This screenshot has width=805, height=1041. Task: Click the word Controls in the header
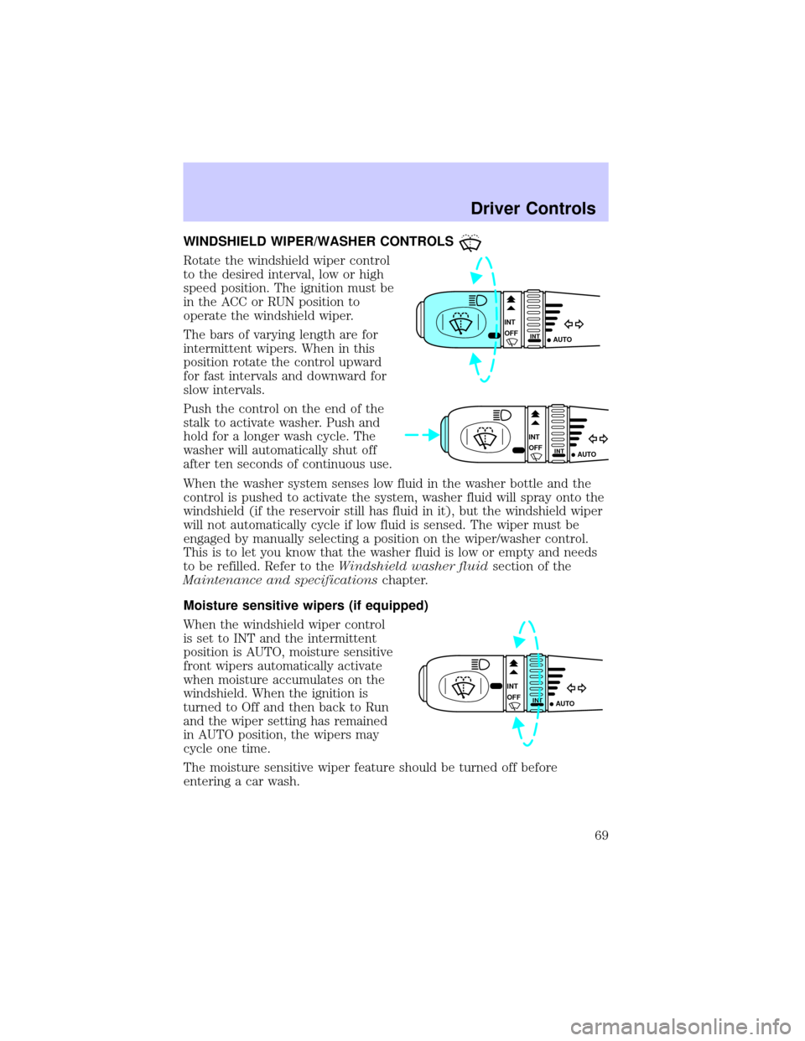pos(565,209)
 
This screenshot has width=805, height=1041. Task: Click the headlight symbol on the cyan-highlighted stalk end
pos(480,300)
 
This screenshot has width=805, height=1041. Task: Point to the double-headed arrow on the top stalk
pos(574,324)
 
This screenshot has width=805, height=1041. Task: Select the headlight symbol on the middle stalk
pos(504,415)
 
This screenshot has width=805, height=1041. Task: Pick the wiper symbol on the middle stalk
pos(483,436)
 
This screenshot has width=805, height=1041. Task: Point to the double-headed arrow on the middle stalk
pos(599,438)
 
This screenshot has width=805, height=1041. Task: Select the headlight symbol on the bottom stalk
pos(481,664)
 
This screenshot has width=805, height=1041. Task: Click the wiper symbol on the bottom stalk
pos(460,686)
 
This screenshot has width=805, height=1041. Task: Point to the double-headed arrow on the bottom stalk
pos(576,687)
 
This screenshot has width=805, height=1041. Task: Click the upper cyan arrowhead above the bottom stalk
pos(522,640)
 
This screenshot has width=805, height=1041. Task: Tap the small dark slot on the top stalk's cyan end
pos(492,335)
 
